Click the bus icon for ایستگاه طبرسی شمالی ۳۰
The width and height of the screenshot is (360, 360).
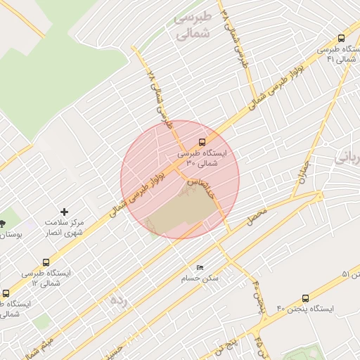pos(202,141)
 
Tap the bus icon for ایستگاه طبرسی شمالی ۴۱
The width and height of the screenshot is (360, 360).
pos(341,39)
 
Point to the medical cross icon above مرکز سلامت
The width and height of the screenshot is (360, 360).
pos(65,211)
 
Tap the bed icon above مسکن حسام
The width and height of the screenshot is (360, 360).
pos(200,267)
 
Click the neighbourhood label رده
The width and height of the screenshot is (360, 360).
pos(120,300)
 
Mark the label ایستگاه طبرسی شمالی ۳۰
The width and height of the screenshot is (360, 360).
pos(202,157)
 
